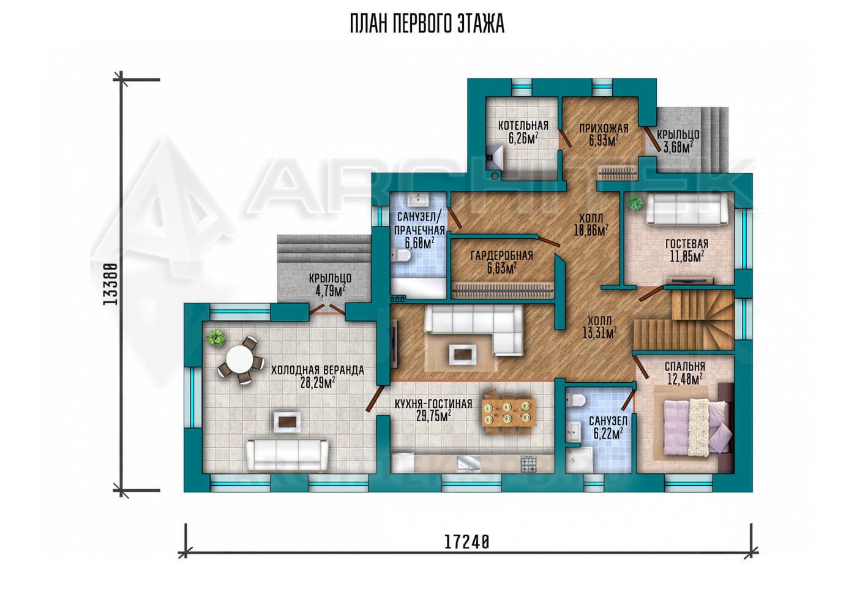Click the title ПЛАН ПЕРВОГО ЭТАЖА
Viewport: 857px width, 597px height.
(x=427, y=24)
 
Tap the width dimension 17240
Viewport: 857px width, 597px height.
(x=467, y=542)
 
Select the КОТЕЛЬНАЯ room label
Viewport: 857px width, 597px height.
(x=523, y=126)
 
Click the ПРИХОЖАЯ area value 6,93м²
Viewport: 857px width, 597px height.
(x=604, y=141)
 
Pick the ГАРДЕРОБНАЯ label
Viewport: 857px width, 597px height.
(x=501, y=256)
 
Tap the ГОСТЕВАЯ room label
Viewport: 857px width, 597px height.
(x=687, y=244)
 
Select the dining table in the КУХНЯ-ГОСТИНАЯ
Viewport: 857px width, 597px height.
(x=509, y=411)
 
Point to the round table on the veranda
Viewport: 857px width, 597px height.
(x=239, y=360)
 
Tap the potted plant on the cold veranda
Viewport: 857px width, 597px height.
(x=215, y=338)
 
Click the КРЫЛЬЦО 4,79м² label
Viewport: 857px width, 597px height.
(x=330, y=285)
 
